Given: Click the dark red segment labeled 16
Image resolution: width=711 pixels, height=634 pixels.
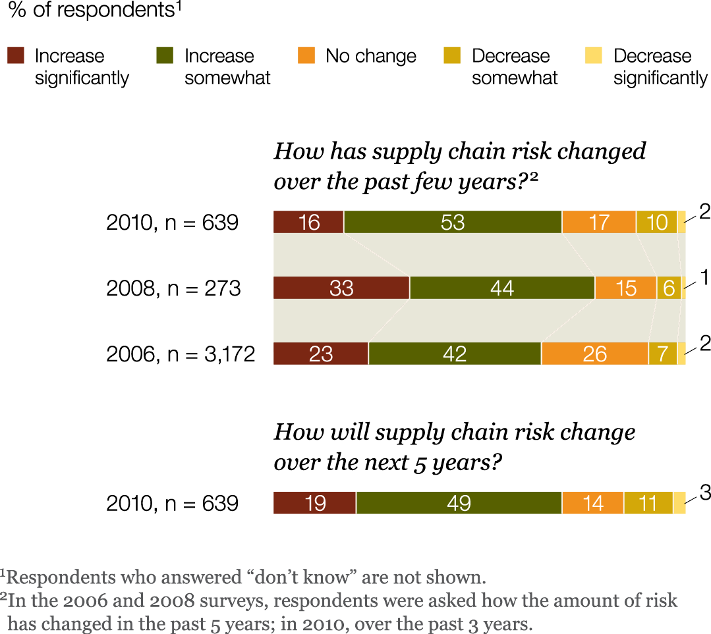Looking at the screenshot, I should pos(308,223).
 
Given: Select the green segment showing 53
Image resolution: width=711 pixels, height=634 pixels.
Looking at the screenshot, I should pos(453,223).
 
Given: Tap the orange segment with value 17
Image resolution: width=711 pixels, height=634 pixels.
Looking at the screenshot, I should pos(599,223).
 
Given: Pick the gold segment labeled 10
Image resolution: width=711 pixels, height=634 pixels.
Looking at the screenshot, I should pos(656,223).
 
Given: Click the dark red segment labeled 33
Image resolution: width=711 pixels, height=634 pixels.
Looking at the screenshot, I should pos(341,288).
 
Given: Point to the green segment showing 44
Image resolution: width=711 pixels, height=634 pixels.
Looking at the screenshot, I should pos(502,288).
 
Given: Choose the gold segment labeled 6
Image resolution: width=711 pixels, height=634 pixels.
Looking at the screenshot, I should pos(668,288).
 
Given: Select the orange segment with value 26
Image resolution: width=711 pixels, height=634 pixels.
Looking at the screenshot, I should pos(594,354).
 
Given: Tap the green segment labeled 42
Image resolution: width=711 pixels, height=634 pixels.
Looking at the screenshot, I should pos(455,354).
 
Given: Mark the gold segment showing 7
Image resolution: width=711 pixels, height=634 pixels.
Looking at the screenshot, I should pos(662,354).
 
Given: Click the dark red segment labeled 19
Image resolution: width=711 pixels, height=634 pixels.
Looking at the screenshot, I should pos(315,504).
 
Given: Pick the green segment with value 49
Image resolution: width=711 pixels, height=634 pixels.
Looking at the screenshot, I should pos(459,504).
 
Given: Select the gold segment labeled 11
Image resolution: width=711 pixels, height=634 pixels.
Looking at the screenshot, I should pos(648,504).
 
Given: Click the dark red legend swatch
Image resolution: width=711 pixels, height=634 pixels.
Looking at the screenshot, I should pos(16,55).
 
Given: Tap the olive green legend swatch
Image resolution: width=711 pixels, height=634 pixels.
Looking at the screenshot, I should pos(165,55).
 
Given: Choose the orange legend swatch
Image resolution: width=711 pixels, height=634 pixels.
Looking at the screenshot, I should pos(306,55).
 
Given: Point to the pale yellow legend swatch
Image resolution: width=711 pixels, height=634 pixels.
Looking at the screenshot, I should pos(594,55).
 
